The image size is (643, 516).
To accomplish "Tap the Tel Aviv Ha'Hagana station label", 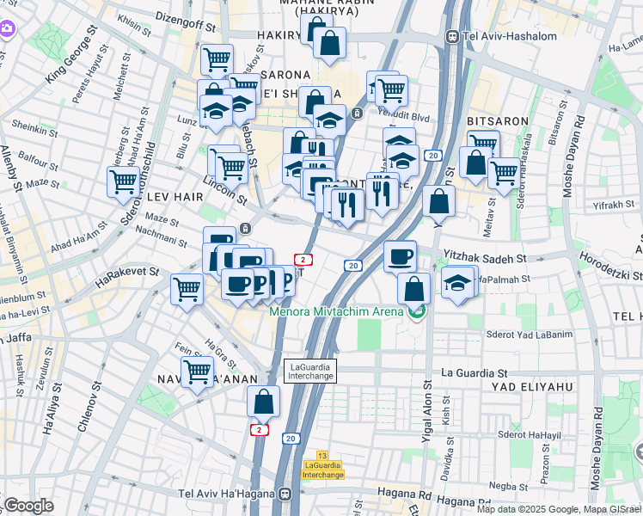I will click(x=234, y=494).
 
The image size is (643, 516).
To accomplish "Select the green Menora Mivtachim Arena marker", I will click(x=417, y=311).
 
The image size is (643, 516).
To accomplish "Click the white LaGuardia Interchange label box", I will click(x=311, y=372).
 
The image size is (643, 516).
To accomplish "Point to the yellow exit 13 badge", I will click(x=322, y=455).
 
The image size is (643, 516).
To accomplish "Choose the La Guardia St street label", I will click(x=475, y=373).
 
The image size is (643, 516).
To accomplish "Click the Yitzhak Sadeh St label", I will click(x=484, y=257).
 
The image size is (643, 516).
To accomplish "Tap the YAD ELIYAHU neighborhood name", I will click(x=532, y=387).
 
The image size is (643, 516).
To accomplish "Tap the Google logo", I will click(x=28, y=506).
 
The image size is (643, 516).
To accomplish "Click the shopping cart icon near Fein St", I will click(x=198, y=372).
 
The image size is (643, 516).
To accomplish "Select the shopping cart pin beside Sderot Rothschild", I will click(x=124, y=181).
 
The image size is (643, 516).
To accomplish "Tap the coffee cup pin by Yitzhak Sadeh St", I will click(x=400, y=256).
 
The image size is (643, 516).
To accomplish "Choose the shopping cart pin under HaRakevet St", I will click(x=187, y=289).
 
